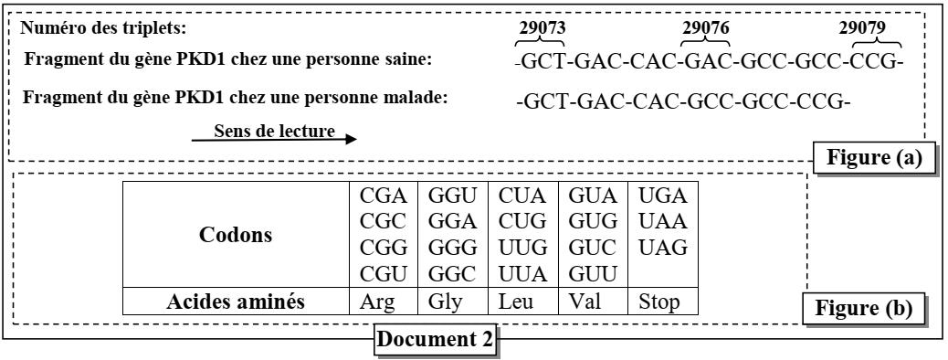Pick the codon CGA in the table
(x=376, y=196)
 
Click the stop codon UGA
(x=661, y=196)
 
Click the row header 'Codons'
(x=236, y=234)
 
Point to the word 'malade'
(x=419, y=98)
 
